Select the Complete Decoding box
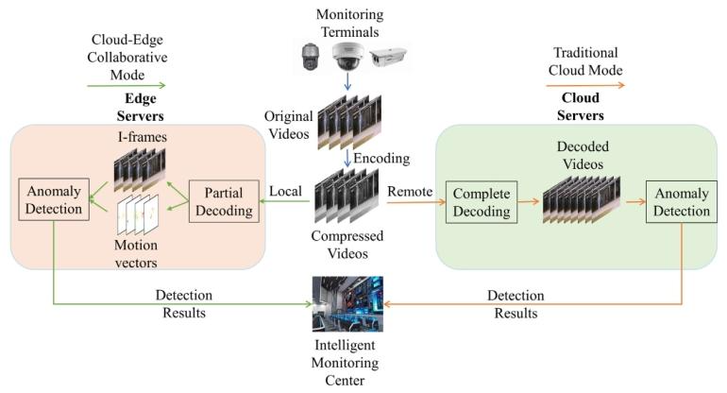coord(482,199)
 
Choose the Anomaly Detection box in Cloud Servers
coord(679,199)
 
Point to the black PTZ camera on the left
coord(309,59)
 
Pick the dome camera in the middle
coord(348,59)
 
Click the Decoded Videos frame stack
coord(581,202)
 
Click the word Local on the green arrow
coord(286,191)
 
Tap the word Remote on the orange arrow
coord(409,191)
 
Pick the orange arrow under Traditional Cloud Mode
coord(584,84)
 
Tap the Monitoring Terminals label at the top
coord(349,22)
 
